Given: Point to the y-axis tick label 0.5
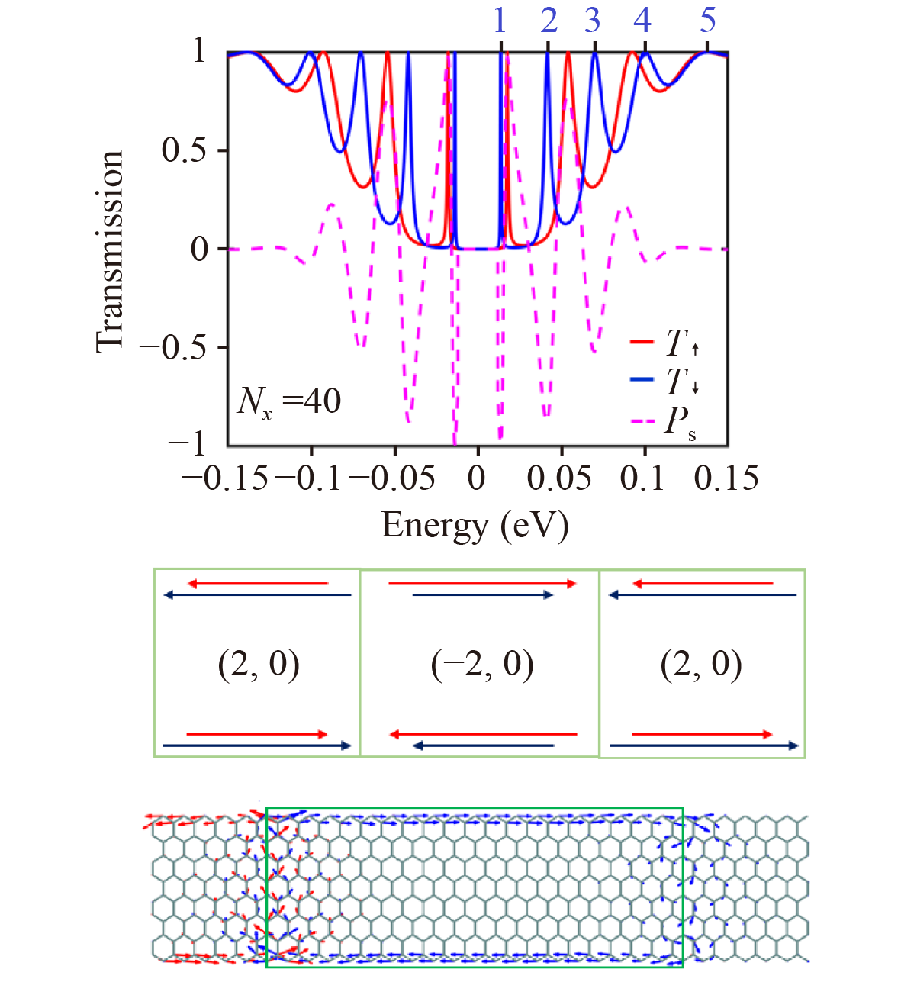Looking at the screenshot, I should point(184,150).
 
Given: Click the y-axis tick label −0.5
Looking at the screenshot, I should point(172,347).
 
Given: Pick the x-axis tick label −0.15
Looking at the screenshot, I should point(226,479).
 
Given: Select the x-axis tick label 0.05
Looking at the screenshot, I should point(559,479).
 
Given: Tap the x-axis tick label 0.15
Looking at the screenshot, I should point(726,479).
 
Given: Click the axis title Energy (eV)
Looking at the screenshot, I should point(475,526).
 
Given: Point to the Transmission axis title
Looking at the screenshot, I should point(110,252).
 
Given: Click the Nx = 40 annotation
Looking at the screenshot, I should point(289,401).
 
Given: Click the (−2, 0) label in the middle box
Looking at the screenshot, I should point(482,664).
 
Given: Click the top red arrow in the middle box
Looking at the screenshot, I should point(483,584).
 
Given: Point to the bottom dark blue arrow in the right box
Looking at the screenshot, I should point(704,745).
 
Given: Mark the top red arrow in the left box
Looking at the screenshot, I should point(258,584).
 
